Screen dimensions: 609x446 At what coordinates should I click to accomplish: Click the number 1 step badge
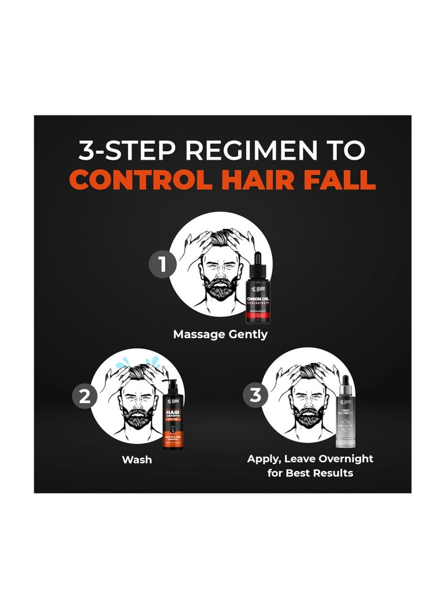(x=163, y=263)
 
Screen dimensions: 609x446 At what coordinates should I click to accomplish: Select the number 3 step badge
(x=256, y=396)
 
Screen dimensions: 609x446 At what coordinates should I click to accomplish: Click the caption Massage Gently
(x=220, y=334)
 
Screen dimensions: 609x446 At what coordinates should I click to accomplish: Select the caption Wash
(x=137, y=461)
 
